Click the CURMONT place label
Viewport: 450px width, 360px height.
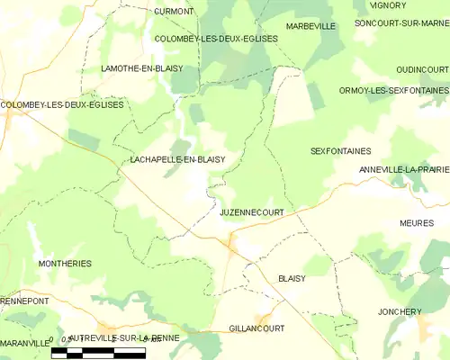[x=174, y=12]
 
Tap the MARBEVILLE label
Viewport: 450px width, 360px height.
[x=310, y=27]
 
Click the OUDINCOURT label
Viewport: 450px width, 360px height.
[x=421, y=69]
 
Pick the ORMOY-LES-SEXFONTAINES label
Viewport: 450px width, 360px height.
[x=393, y=91]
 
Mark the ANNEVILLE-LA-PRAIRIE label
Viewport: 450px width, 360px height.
[x=403, y=169]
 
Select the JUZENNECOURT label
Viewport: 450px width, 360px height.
[x=252, y=212]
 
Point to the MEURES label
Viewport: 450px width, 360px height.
[x=417, y=222]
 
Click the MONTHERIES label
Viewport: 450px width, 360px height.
[x=65, y=264]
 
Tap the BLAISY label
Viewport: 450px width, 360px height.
[x=292, y=279]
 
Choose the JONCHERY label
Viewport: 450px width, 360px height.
[x=400, y=312]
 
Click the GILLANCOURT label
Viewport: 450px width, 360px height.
[x=256, y=328]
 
